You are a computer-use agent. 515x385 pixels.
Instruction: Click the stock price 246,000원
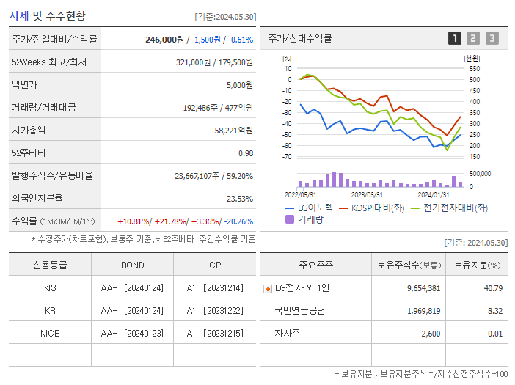164,40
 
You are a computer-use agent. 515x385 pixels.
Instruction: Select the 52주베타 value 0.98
245,153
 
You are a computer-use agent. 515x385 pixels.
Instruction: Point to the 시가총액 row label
29,131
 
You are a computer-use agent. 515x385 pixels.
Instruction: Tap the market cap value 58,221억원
233,131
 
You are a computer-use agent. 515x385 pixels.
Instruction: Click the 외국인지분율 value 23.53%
239,199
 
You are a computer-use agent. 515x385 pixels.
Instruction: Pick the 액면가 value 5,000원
239,85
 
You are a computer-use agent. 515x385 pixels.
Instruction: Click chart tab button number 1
455,38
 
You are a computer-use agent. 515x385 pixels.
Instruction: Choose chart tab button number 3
492,38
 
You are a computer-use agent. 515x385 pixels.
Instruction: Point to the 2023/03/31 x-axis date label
367,194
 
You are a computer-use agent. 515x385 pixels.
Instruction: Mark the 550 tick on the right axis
474,69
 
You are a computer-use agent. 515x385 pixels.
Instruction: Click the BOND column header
133,265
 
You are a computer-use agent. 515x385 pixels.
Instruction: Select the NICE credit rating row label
50,333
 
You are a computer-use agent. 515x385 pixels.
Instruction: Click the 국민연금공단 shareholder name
300,311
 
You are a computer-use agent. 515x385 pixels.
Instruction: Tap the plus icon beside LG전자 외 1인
267,289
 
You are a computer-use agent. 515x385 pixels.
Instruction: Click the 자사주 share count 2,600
430,334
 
